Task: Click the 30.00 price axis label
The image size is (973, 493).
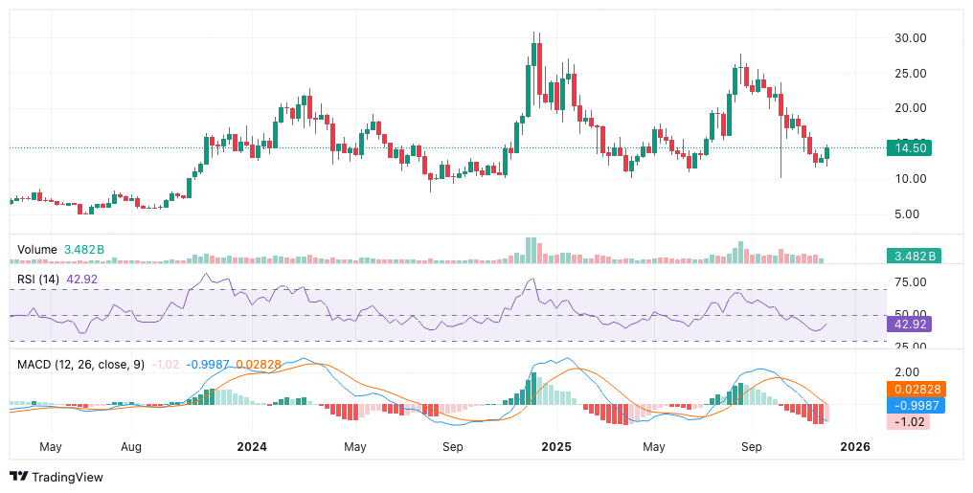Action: [910, 38]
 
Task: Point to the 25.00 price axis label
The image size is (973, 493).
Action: [910, 74]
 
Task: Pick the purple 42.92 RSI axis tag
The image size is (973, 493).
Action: [909, 324]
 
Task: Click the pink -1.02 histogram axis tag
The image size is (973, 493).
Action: [909, 421]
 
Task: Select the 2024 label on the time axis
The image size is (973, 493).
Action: [252, 447]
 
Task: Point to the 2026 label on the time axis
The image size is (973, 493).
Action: [855, 447]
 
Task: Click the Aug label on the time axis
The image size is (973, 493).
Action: [132, 447]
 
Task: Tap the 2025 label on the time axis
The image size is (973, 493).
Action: [555, 447]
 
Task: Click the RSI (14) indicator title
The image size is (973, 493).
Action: [38, 280]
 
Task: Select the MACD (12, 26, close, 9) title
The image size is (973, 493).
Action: [80, 365]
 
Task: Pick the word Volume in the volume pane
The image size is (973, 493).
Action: [37, 250]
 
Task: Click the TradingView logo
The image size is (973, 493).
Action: [56, 477]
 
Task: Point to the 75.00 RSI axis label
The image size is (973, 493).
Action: [910, 282]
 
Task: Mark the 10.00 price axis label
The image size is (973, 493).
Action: [910, 179]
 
